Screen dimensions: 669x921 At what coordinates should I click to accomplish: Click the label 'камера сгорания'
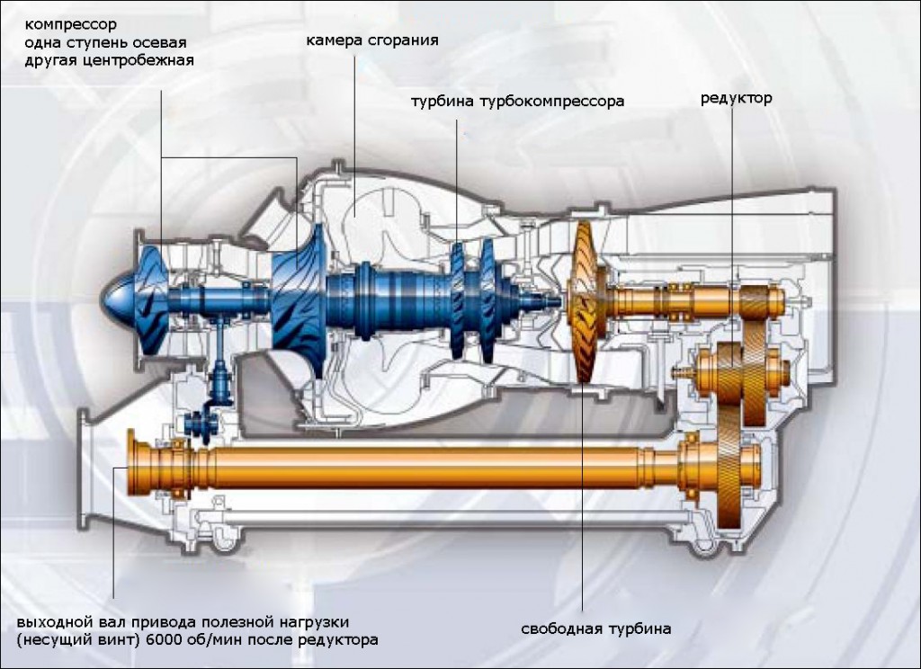pyautogui.click(x=372, y=40)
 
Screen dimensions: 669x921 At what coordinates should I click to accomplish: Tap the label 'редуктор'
pyautogui.click(x=736, y=97)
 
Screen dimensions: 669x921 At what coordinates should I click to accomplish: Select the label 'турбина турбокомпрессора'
pyautogui.click(x=517, y=102)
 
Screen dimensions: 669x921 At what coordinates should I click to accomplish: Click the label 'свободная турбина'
pyautogui.click(x=595, y=629)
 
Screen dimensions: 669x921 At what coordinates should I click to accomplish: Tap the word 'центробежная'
pyautogui.click(x=146, y=59)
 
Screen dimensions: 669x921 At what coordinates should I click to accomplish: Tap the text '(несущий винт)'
pyautogui.click(x=69, y=640)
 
